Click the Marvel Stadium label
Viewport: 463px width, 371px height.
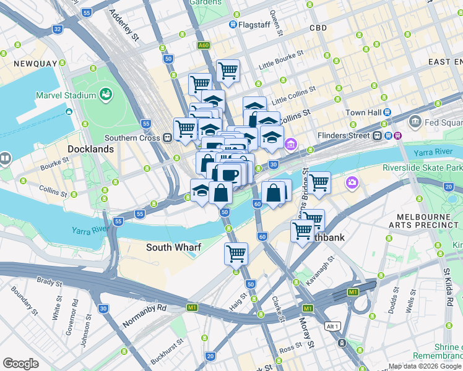[66, 95]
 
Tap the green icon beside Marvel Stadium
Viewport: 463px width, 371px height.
[106, 95]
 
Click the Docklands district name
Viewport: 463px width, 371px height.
[91, 149]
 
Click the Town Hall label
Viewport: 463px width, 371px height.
[363, 113]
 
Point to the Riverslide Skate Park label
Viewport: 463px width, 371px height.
[422, 168]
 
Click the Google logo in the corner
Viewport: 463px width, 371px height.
[20, 364]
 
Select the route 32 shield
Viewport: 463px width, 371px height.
[58, 29]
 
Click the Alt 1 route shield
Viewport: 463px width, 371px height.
[332, 326]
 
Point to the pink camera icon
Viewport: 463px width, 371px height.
[352, 182]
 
